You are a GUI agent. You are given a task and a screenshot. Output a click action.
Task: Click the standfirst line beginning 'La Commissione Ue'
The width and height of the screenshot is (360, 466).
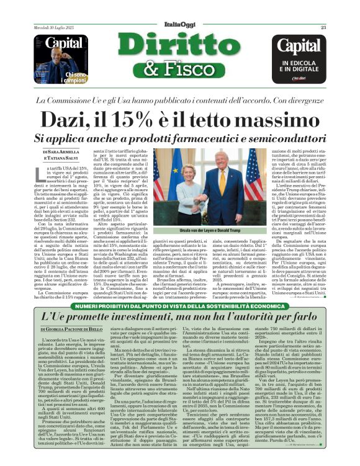pos(179,100)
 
